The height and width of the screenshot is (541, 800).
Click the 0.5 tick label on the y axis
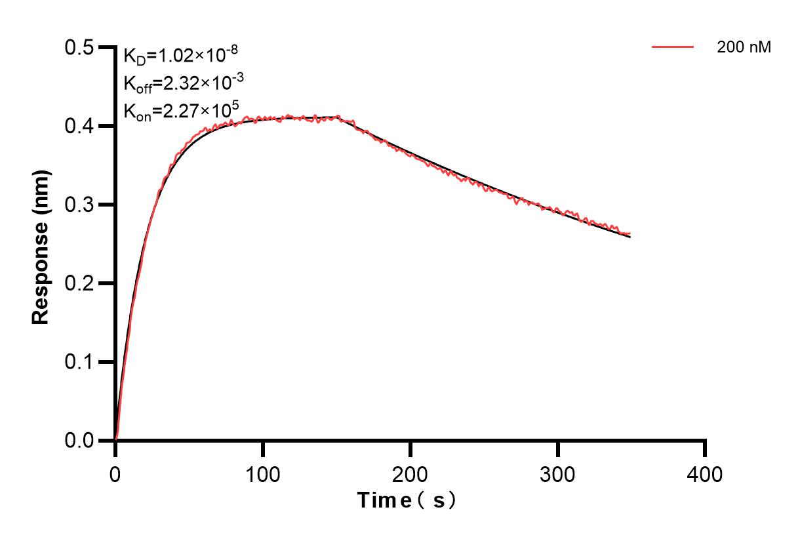point(79,48)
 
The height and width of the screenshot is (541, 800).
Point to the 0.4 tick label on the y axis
point(79,127)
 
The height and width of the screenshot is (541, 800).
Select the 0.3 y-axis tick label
point(79,205)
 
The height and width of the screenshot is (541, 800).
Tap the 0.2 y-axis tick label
point(79,284)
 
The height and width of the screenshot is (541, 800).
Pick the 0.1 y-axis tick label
point(79,363)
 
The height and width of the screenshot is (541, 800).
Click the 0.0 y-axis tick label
point(79,441)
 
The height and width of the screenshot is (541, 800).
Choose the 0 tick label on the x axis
point(115,473)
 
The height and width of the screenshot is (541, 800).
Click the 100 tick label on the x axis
point(263,473)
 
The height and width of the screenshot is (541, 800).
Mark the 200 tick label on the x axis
point(410,473)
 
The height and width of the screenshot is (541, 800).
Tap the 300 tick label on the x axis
point(558,473)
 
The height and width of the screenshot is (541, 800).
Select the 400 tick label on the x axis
point(705,473)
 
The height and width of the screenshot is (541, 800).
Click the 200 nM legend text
point(744,47)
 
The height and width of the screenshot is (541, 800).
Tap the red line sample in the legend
point(673,47)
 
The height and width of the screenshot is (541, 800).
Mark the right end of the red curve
point(630,233)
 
